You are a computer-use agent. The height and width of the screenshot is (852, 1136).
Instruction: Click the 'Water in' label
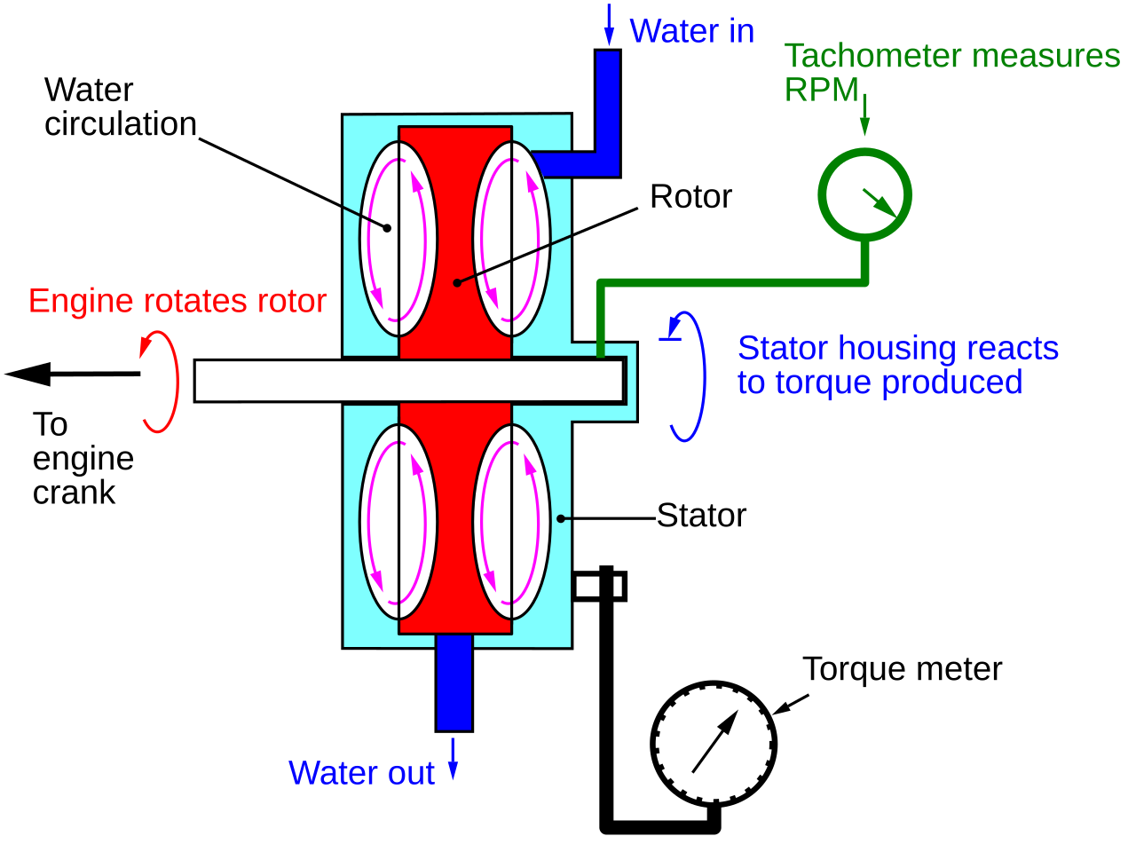point(691,31)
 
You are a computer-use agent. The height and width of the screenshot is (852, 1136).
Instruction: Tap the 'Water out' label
point(361,773)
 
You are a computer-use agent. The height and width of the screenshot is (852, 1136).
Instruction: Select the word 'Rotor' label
point(690,196)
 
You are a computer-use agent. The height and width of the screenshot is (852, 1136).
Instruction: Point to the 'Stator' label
point(701,516)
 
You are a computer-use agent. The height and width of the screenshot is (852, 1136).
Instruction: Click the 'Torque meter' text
point(902,669)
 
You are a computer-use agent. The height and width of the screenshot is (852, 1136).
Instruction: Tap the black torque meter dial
point(651,744)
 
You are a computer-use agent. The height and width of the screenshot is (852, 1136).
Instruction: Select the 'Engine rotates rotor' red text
point(177,301)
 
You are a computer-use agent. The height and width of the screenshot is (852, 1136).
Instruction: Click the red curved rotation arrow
point(177,382)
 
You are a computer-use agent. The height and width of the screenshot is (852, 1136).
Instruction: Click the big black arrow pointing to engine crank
point(72,374)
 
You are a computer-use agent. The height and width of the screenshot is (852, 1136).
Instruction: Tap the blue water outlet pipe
point(454,682)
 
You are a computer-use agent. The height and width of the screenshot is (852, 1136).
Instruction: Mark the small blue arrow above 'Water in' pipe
point(609,24)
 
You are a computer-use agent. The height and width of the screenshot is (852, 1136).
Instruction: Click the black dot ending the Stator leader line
point(561,519)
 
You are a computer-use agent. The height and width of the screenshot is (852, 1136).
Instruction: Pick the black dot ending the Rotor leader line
point(457,283)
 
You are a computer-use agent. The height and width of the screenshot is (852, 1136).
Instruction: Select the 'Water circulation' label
point(120,107)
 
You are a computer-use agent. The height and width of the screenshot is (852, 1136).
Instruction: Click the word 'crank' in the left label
point(74,492)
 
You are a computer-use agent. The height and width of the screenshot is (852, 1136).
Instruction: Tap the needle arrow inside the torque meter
point(715,742)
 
